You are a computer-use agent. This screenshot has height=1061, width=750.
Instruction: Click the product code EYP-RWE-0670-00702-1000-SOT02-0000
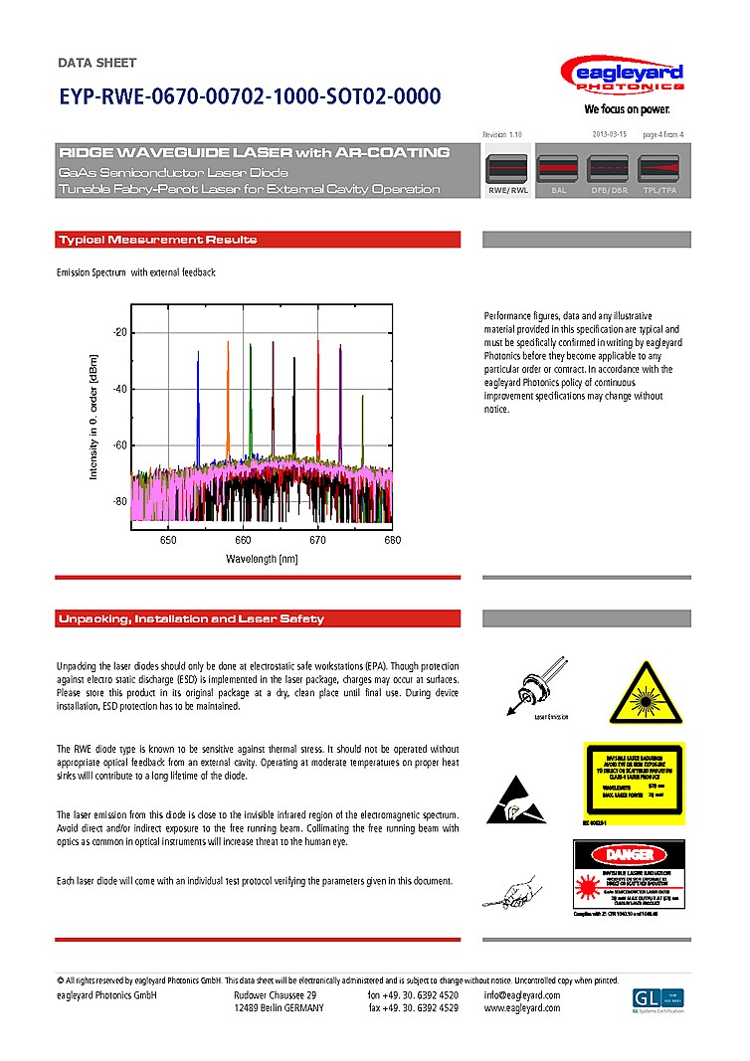pos(250,97)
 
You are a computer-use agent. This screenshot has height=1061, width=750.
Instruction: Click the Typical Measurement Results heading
pos(157,240)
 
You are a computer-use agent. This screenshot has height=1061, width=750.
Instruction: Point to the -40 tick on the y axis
pos(119,389)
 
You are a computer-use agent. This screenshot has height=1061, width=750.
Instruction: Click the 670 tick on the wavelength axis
pos(317,540)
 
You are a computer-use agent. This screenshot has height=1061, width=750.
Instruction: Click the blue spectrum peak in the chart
pos(198,398)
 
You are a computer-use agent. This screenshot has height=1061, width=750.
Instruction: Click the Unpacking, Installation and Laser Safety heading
pos(190,619)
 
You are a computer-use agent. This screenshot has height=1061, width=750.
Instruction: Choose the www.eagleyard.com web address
pos(522,1007)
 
